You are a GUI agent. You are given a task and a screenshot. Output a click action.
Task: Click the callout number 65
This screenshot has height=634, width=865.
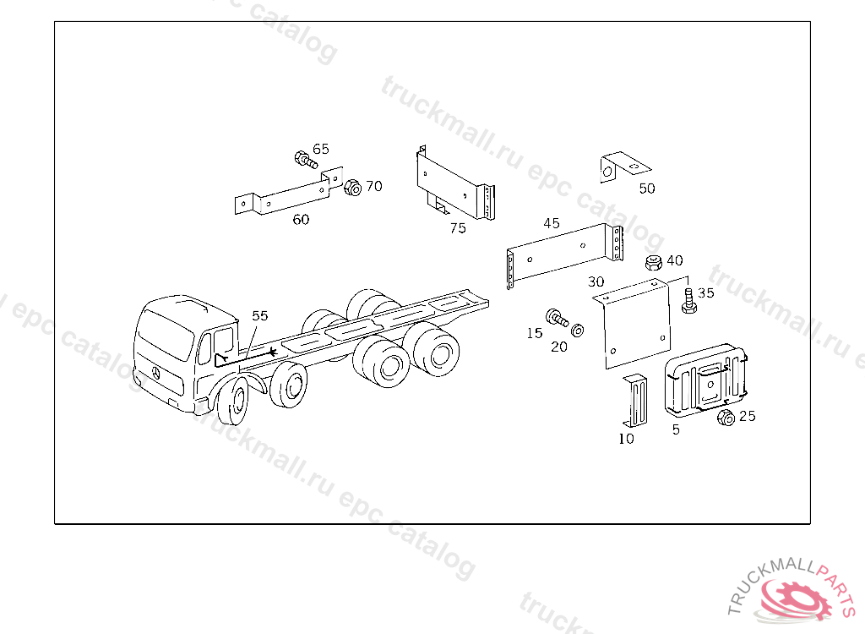(x=320, y=149)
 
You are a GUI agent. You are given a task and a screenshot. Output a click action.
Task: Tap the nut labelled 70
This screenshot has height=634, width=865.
(x=352, y=187)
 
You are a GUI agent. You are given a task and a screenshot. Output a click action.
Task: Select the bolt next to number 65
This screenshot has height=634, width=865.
(x=306, y=160)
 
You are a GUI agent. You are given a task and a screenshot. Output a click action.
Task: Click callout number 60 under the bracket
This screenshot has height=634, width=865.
(x=301, y=219)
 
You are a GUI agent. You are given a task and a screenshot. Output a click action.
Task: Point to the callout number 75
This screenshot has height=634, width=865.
(x=458, y=228)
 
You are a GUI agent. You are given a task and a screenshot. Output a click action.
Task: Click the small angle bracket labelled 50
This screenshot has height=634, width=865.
(x=624, y=167)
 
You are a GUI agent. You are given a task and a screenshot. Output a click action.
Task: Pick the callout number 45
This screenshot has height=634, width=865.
(x=552, y=223)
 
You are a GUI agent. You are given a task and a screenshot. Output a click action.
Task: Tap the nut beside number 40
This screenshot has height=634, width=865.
(x=654, y=262)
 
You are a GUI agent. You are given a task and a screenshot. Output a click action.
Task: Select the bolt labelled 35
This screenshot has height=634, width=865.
(x=688, y=302)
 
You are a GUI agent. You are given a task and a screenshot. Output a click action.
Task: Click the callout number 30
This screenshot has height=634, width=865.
(x=596, y=281)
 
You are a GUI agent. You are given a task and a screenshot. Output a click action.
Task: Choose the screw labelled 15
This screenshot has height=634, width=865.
(x=557, y=318)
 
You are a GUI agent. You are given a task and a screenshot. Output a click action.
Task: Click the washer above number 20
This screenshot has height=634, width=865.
(x=577, y=331)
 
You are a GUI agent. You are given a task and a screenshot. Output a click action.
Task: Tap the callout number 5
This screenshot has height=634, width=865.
(x=676, y=429)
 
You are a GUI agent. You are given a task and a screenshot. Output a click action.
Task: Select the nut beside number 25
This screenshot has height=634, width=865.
(x=726, y=418)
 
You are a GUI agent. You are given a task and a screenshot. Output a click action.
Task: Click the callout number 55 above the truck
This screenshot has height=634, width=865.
(x=260, y=315)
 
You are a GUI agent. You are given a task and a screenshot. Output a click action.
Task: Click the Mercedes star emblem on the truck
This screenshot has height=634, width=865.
(x=156, y=374)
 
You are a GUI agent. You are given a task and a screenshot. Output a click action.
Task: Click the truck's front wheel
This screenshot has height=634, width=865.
(x=234, y=401)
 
